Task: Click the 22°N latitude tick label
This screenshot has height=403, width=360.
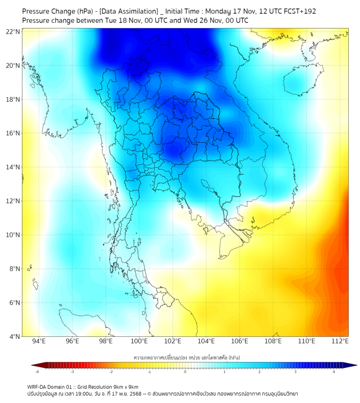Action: [x=13, y=31]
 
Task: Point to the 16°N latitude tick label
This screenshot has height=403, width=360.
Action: [x=13, y=133]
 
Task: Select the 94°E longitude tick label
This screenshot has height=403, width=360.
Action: [x=39, y=342]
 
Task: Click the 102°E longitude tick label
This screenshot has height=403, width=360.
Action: [x=173, y=342]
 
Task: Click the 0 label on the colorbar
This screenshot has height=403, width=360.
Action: [x=185, y=372]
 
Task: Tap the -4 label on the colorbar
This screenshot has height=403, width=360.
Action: [x=37, y=372]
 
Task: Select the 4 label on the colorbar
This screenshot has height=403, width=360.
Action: [x=334, y=372]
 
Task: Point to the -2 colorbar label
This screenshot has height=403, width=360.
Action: [x=111, y=372]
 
